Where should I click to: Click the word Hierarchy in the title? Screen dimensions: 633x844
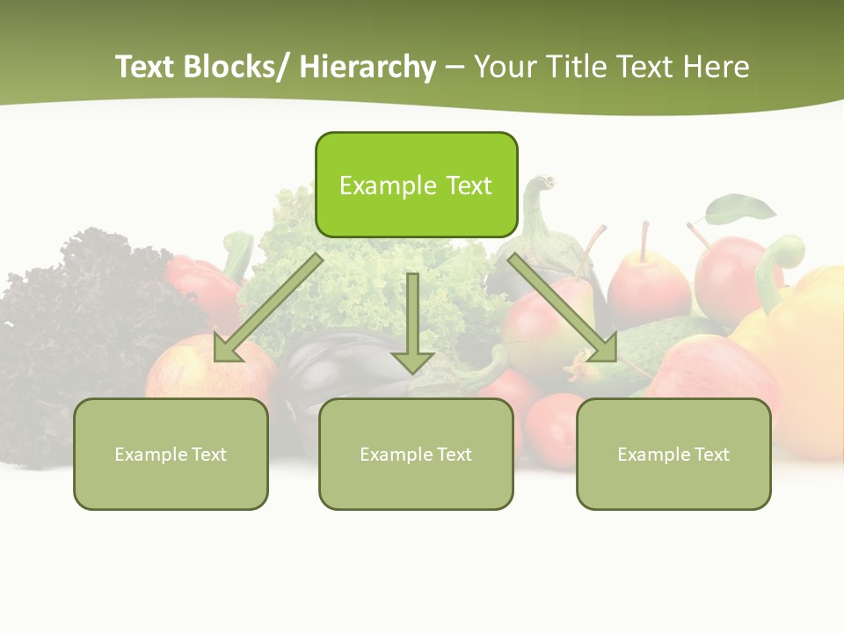[367, 67]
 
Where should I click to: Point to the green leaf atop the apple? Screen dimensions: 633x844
[741, 209]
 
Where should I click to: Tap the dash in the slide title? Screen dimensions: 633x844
[455, 69]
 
